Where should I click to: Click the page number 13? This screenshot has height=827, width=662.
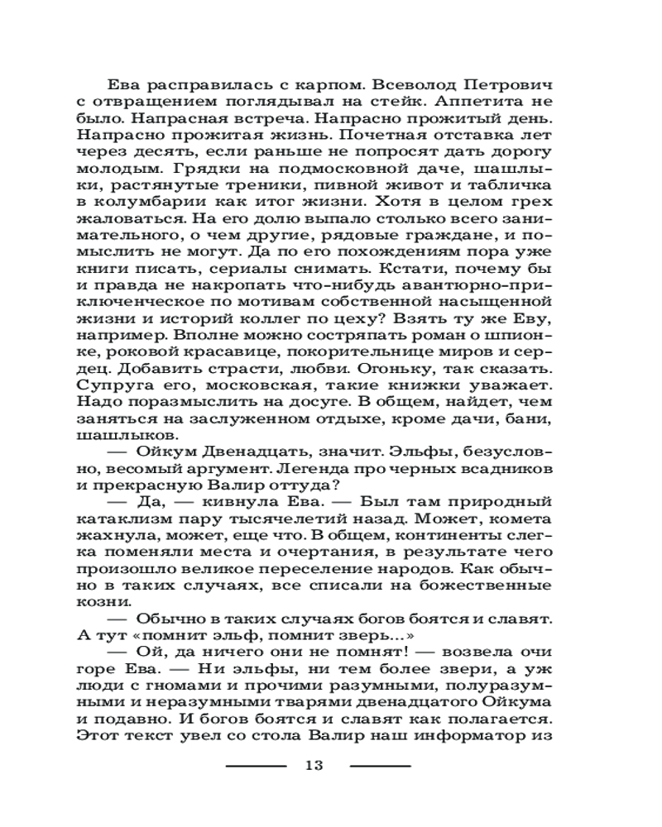coord(312,764)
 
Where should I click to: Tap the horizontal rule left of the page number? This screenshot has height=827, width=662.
coord(257,765)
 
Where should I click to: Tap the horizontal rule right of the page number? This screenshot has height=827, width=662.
coord(380,765)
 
